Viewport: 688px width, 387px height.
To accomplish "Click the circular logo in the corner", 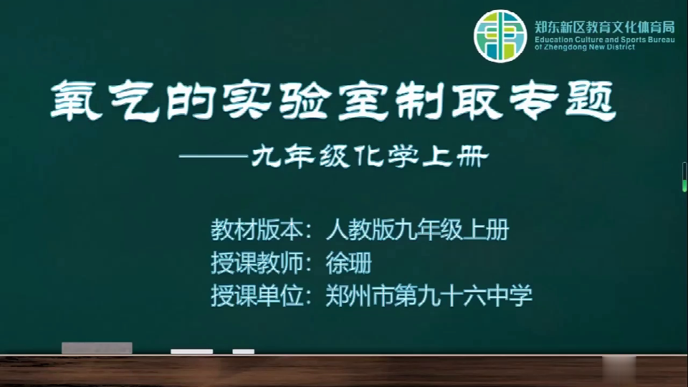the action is coord(500,36).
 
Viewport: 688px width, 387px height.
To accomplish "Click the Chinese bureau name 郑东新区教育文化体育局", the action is coord(605,27).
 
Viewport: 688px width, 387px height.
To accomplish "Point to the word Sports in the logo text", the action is coord(636,39).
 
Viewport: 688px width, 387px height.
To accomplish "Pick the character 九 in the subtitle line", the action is coord(266,156).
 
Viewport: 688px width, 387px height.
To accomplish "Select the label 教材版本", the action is coord(257,229).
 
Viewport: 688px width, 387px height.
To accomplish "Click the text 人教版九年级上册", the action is coord(417,229).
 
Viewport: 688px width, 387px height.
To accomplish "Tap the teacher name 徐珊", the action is coord(349,263).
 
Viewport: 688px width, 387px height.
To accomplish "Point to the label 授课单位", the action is coord(257,296).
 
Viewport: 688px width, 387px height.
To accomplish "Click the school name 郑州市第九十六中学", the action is coord(429,296).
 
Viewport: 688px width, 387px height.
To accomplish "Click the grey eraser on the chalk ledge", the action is coord(97,348).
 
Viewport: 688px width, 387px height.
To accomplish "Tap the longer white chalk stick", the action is coord(192,351).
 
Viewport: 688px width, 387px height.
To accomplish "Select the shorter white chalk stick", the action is coord(244,351).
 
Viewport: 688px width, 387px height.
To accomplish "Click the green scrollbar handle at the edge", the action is coord(684,177).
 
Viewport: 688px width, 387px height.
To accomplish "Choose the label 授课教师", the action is coord(257,263).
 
